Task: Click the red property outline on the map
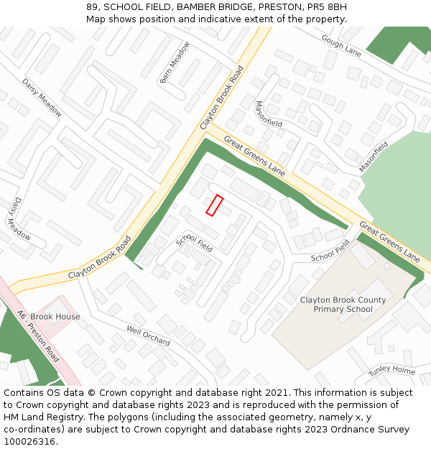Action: pos(215,205)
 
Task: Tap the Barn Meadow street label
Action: pos(175,61)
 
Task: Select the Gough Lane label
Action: pos(341,45)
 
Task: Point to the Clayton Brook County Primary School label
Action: pos(343,305)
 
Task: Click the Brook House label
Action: pos(55,317)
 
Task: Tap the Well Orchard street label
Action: pos(148,335)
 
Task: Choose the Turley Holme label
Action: pos(391,371)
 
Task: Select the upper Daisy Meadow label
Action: pos(42,97)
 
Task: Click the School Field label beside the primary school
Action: pos(330,251)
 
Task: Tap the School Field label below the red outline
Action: pos(195,244)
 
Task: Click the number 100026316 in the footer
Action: pos(28,442)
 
